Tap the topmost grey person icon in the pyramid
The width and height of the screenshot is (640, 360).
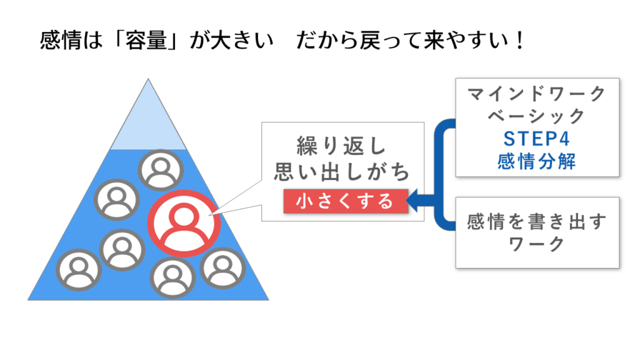pyautogui.click(x=161, y=169)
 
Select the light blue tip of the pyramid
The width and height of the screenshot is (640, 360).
pyautogui.click(x=147, y=119)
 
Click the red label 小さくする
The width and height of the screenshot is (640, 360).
pyautogui.click(x=345, y=201)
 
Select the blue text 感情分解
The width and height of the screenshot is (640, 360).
pyautogui.click(x=537, y=161)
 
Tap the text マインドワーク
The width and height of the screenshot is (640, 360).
pyautogui.click(x=537, y=94)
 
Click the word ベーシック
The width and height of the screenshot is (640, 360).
pyautogui.click(x=537, y=117)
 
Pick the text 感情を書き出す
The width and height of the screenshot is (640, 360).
pyautogui.click(x=537, y=222)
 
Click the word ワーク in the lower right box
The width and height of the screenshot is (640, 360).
pyautogui.click(x=537, y=244)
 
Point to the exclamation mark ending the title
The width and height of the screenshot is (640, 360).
pyautogui.click(x=516, y=42)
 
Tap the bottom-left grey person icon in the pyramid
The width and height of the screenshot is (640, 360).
pyautogui.click(x=78, y=270)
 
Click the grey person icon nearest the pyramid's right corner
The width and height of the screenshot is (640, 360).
pyautogui.click(x=222, y=267)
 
